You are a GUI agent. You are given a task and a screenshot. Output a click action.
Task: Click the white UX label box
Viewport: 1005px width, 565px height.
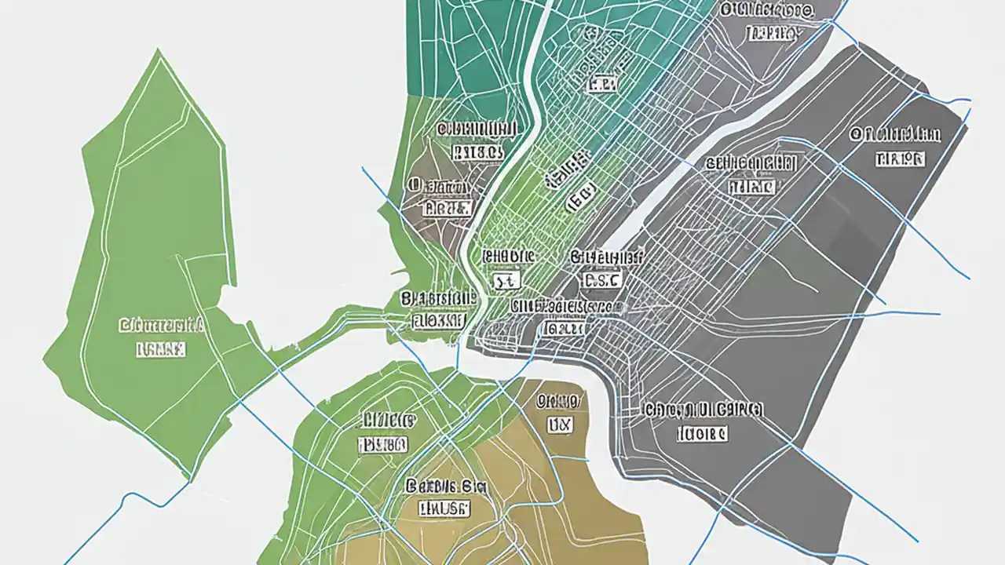tap(561, 425)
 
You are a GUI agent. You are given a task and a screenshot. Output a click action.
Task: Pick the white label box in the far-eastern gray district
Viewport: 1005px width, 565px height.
tap(899, 159)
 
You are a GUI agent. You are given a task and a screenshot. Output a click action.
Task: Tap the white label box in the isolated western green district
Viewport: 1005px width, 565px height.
tap(161, 349)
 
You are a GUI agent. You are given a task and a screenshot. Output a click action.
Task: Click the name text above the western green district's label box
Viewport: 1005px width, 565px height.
tap(161, 324)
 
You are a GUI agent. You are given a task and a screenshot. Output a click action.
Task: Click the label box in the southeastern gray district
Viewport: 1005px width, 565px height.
tap(702, 433)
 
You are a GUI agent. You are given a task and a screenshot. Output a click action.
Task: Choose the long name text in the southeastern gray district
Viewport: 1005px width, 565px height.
tap(702, 410)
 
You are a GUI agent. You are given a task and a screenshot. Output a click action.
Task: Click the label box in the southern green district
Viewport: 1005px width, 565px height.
tap(383, 445)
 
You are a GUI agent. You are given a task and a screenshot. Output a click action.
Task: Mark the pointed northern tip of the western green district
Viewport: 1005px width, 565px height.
tap(159, 52)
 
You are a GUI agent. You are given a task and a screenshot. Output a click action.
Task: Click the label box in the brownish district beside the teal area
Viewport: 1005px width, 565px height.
tap(446, 208)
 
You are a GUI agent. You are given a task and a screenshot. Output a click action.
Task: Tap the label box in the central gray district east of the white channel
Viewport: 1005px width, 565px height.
tap(751, 187)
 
